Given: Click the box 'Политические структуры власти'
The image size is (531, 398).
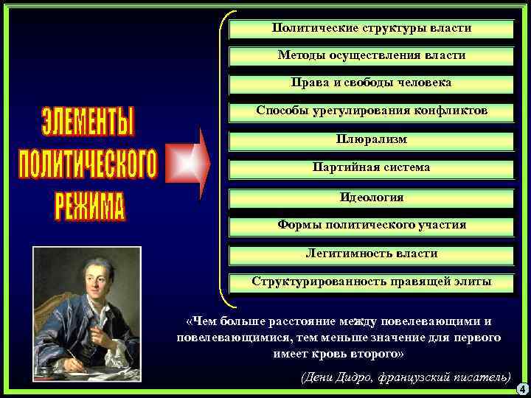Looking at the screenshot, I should tap(372, 29).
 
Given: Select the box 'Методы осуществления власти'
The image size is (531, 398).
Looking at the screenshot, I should tap(372, 56).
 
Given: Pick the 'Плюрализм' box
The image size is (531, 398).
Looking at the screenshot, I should tap(372, 140).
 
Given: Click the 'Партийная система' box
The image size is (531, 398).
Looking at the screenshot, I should tap(372, 169).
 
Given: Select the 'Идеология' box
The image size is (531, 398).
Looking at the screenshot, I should tap(372, 198).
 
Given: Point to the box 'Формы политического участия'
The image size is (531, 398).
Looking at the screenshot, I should tap(372, 226).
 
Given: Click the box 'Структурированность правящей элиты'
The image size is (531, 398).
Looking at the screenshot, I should tap(372, 282).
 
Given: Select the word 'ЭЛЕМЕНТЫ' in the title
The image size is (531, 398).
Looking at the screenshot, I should tap(88, 122).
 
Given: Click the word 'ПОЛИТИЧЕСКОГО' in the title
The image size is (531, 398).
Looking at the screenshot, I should tap(88, 164).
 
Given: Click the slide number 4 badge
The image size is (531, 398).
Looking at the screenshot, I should tap(521, 388).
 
